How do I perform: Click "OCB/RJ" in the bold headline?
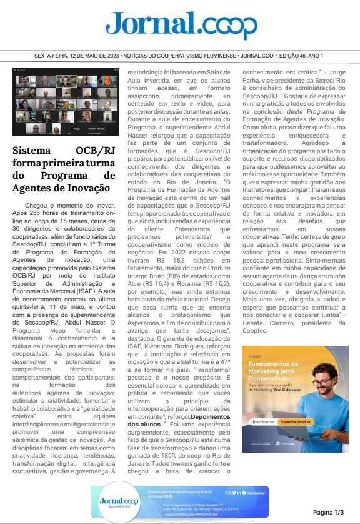coord(94,151)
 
